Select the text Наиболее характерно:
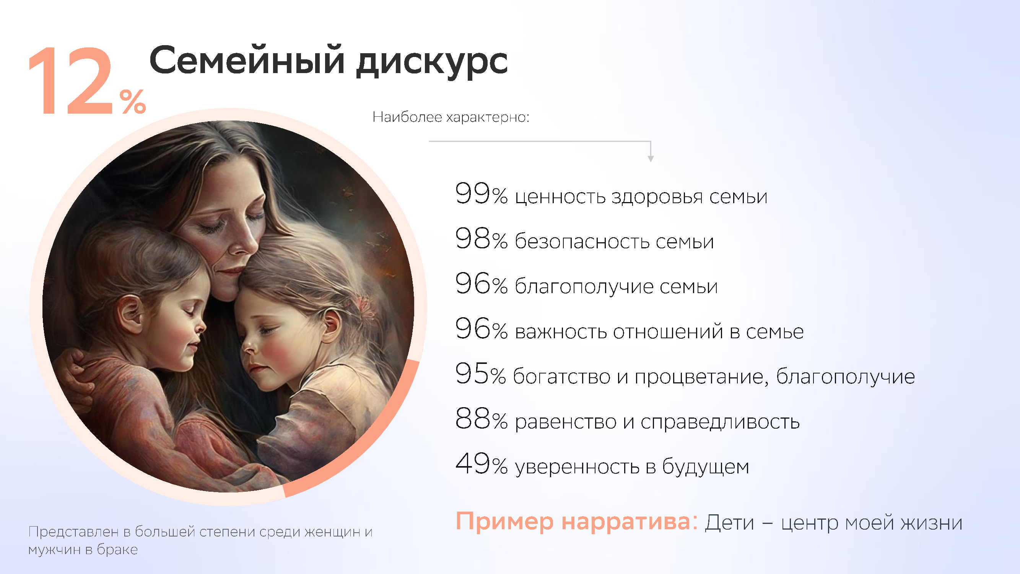click(x=451, y=117)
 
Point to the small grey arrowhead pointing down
click(x=651, y=159)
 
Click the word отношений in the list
click(x=669, y=331)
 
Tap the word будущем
click(x=706, y=467)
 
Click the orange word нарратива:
click(x=630, y=522)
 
